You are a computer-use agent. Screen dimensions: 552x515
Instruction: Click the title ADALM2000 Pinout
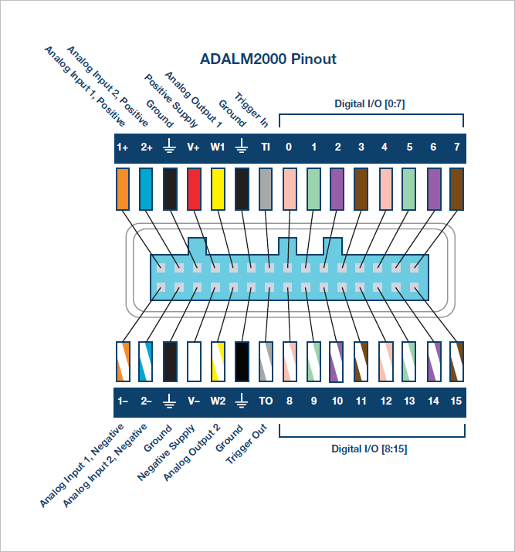[268, 59]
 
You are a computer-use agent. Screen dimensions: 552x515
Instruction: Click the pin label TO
[266, 401]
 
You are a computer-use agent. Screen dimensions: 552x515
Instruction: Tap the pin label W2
[218, 401]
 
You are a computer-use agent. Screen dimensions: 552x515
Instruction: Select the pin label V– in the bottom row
[194, 401]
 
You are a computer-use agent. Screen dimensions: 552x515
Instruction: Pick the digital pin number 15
[456, 401]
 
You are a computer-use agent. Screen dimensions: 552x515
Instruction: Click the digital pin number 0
[289, 147]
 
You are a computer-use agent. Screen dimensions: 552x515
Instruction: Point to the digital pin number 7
[456, 147]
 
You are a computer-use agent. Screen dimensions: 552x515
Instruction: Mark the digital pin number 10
[337, 401]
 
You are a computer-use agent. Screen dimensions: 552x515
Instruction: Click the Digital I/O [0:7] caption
[371, 103]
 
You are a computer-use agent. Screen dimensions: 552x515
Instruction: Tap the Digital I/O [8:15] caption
[371, 449]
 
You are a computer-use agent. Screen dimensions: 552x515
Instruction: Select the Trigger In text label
[252, 111]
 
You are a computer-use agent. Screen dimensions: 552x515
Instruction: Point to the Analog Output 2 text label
[192, 451]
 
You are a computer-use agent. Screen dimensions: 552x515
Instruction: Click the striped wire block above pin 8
[290, 362]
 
